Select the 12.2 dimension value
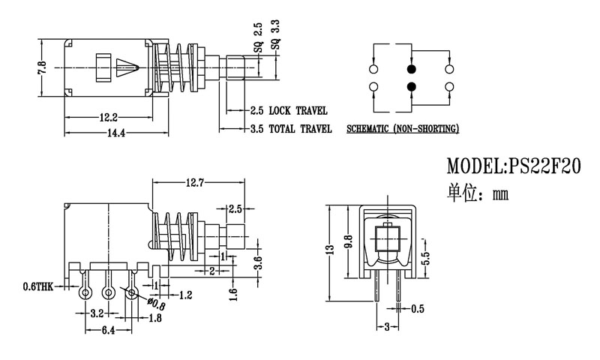(107, 118)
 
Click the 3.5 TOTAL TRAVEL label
(290, 129)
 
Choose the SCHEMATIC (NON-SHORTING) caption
(403, 130)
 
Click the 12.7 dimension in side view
(199, 181)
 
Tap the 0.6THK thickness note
(38, 286)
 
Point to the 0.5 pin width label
(418, 308)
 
